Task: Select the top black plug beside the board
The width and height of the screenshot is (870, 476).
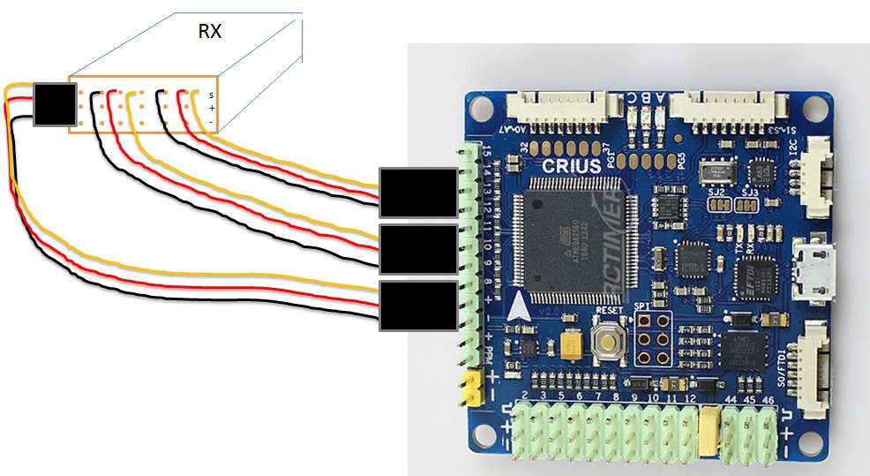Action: coord(417,192)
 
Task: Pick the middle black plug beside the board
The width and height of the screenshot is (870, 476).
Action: coord(417,248)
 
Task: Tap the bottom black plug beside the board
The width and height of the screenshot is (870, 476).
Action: coord(417,305)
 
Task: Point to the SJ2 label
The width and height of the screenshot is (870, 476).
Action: coord(716,192)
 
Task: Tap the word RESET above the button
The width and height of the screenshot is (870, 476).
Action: coord(610,310)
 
